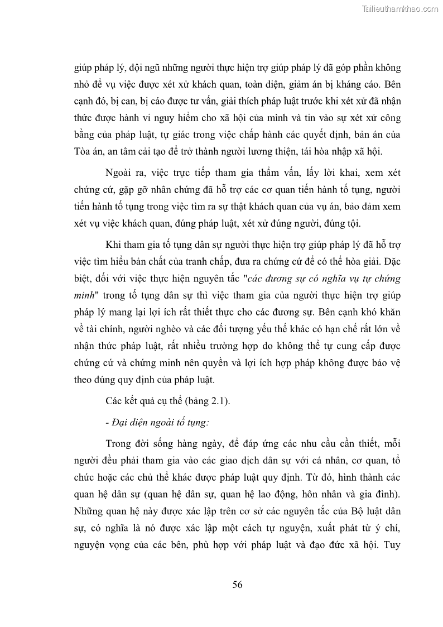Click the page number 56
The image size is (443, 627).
pyautogui.click(x=237, y=585)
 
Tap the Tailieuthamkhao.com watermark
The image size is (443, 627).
pyautogui.click(x=401, y=8)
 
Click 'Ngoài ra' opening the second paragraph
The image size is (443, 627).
pyautogui.click(x=123, y=173)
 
